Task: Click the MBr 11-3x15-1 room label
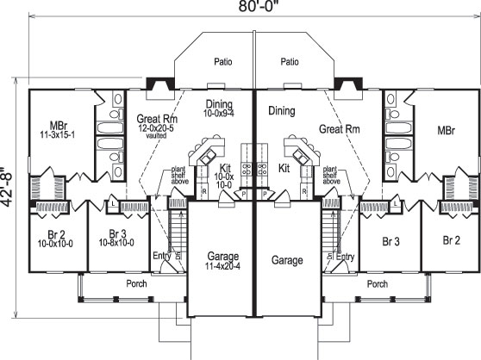[57, 130]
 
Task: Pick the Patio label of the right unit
[290, 62]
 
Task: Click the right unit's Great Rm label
[337, 128]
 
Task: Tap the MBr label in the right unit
[446, 131]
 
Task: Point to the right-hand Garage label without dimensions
[288, 260]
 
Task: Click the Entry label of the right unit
[345, 257]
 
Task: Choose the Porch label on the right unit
[377, 283]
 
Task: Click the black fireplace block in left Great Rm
[156, 84]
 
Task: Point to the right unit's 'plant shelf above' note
[328, 176]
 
